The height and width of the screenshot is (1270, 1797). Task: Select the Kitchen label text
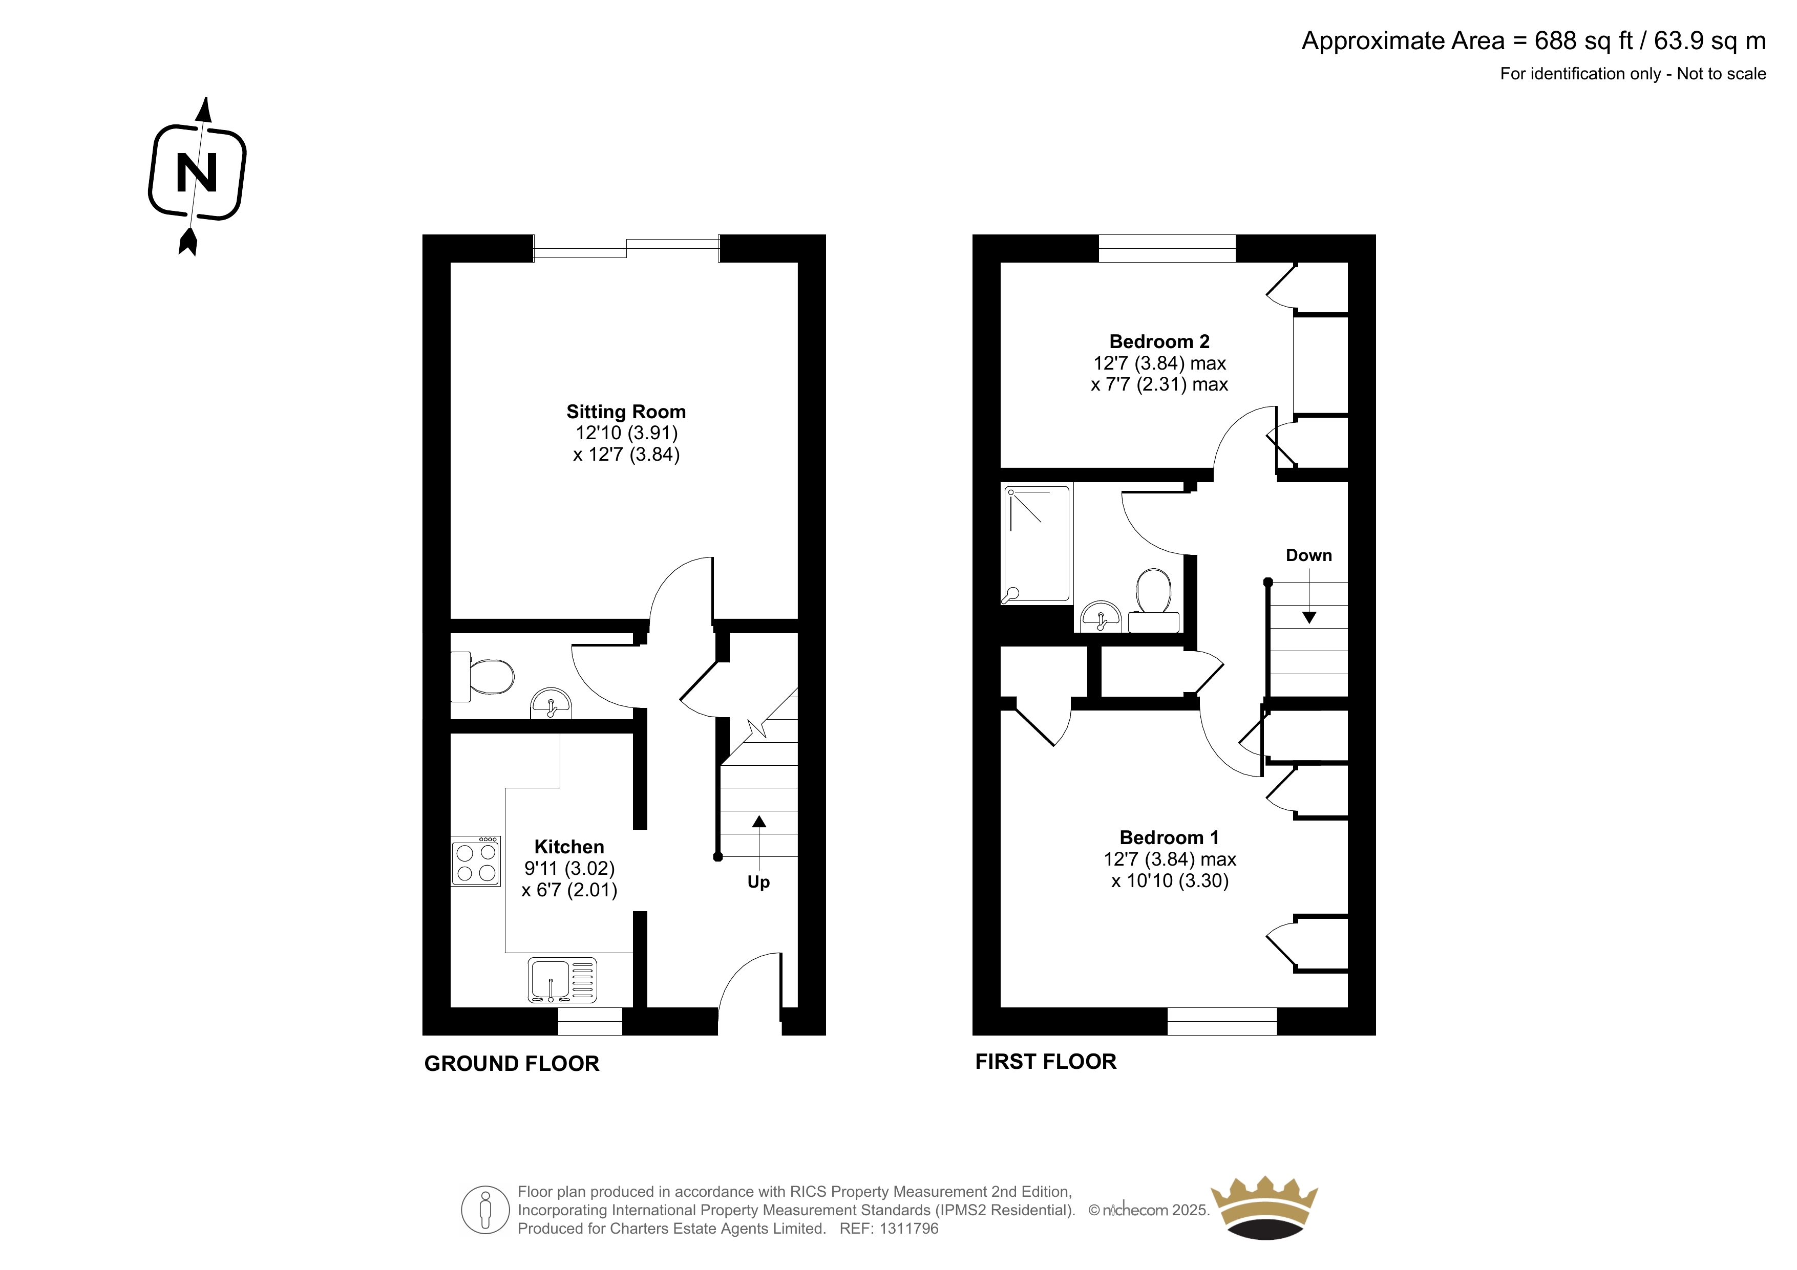coord(569,847)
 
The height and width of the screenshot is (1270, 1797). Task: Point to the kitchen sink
coord(562,980)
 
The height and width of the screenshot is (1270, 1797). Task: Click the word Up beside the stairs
coord(758,882)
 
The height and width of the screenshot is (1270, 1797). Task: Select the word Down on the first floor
coord(1308,555)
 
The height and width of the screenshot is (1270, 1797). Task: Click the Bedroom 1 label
coord(1169,837)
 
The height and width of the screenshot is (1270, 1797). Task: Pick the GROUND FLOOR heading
coord(512,1063)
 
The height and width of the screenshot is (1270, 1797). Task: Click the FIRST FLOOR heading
coord(1046,1062)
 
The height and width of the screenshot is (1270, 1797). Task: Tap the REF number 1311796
coord(908,1229)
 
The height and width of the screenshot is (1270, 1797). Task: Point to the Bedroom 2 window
coord(1167,248)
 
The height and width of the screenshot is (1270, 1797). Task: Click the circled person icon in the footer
coord(485,1210)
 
